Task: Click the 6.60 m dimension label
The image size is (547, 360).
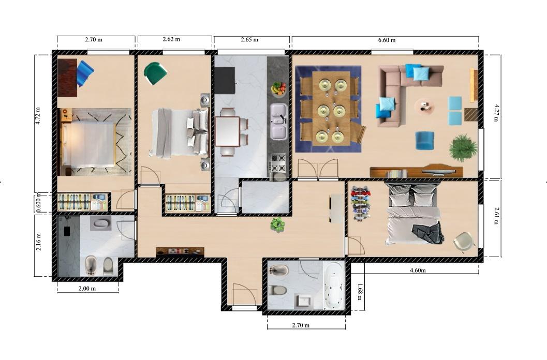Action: coord(387,40)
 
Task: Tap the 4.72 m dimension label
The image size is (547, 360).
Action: coord(38,116)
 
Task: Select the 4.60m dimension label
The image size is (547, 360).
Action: coord(418,270)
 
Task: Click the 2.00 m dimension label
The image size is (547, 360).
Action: coord(87,289)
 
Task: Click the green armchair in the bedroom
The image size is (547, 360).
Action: coord(155,73)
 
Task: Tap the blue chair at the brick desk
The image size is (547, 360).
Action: coord(85,73)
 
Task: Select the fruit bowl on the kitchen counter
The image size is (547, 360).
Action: coord(278,88)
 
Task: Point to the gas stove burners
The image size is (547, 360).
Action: coord(278,163)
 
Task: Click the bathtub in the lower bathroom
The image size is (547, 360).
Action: coord(334,286)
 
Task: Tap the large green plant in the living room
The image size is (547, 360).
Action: coord(463,147)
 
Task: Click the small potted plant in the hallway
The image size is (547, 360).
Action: coord(277,224)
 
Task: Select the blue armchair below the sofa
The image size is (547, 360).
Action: coord(424,141)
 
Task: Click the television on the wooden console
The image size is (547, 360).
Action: coord(438,171)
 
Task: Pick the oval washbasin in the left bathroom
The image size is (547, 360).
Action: coord(101,223)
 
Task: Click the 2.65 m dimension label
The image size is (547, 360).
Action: coord(249,39)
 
